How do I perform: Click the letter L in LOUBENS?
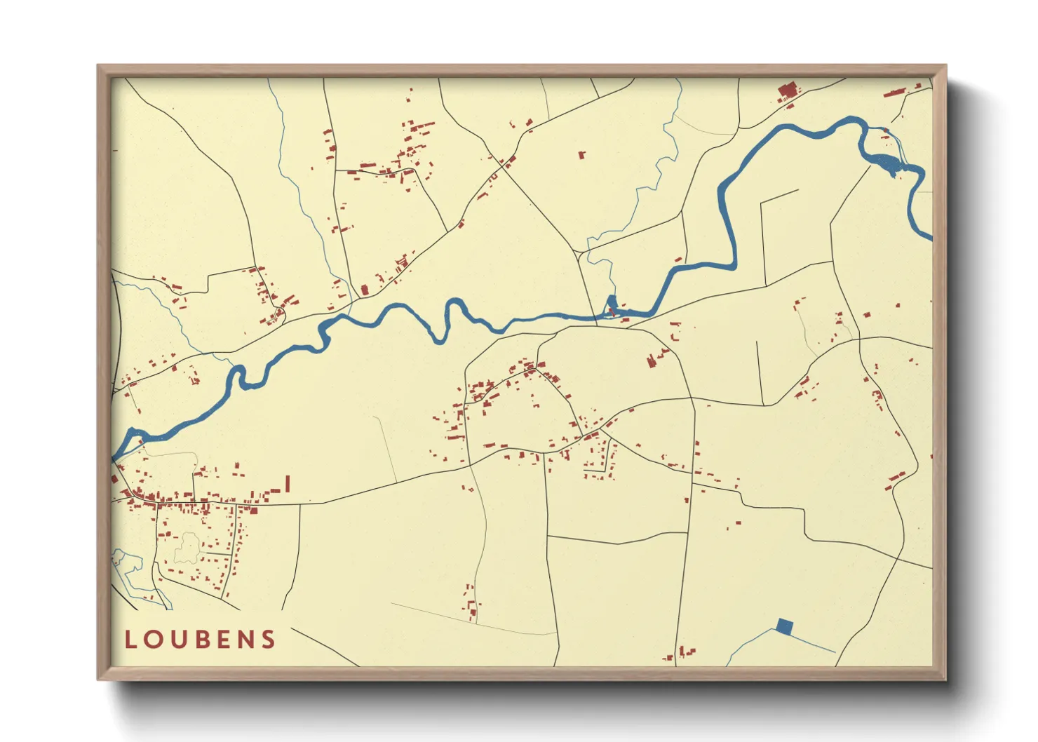pos(130,640)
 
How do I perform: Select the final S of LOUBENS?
pos(269,640)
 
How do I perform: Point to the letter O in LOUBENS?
pos(152,640)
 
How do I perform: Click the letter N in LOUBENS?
pos(245,640)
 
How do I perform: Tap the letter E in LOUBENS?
pos(222,640)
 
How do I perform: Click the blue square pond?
pos(784,626)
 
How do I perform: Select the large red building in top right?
pos(788,91)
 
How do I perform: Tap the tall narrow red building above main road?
pos(288,484)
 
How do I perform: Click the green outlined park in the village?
pos(187,548)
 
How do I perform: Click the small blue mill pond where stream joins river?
pos(611,305)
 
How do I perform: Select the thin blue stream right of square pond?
pos(814,644)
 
